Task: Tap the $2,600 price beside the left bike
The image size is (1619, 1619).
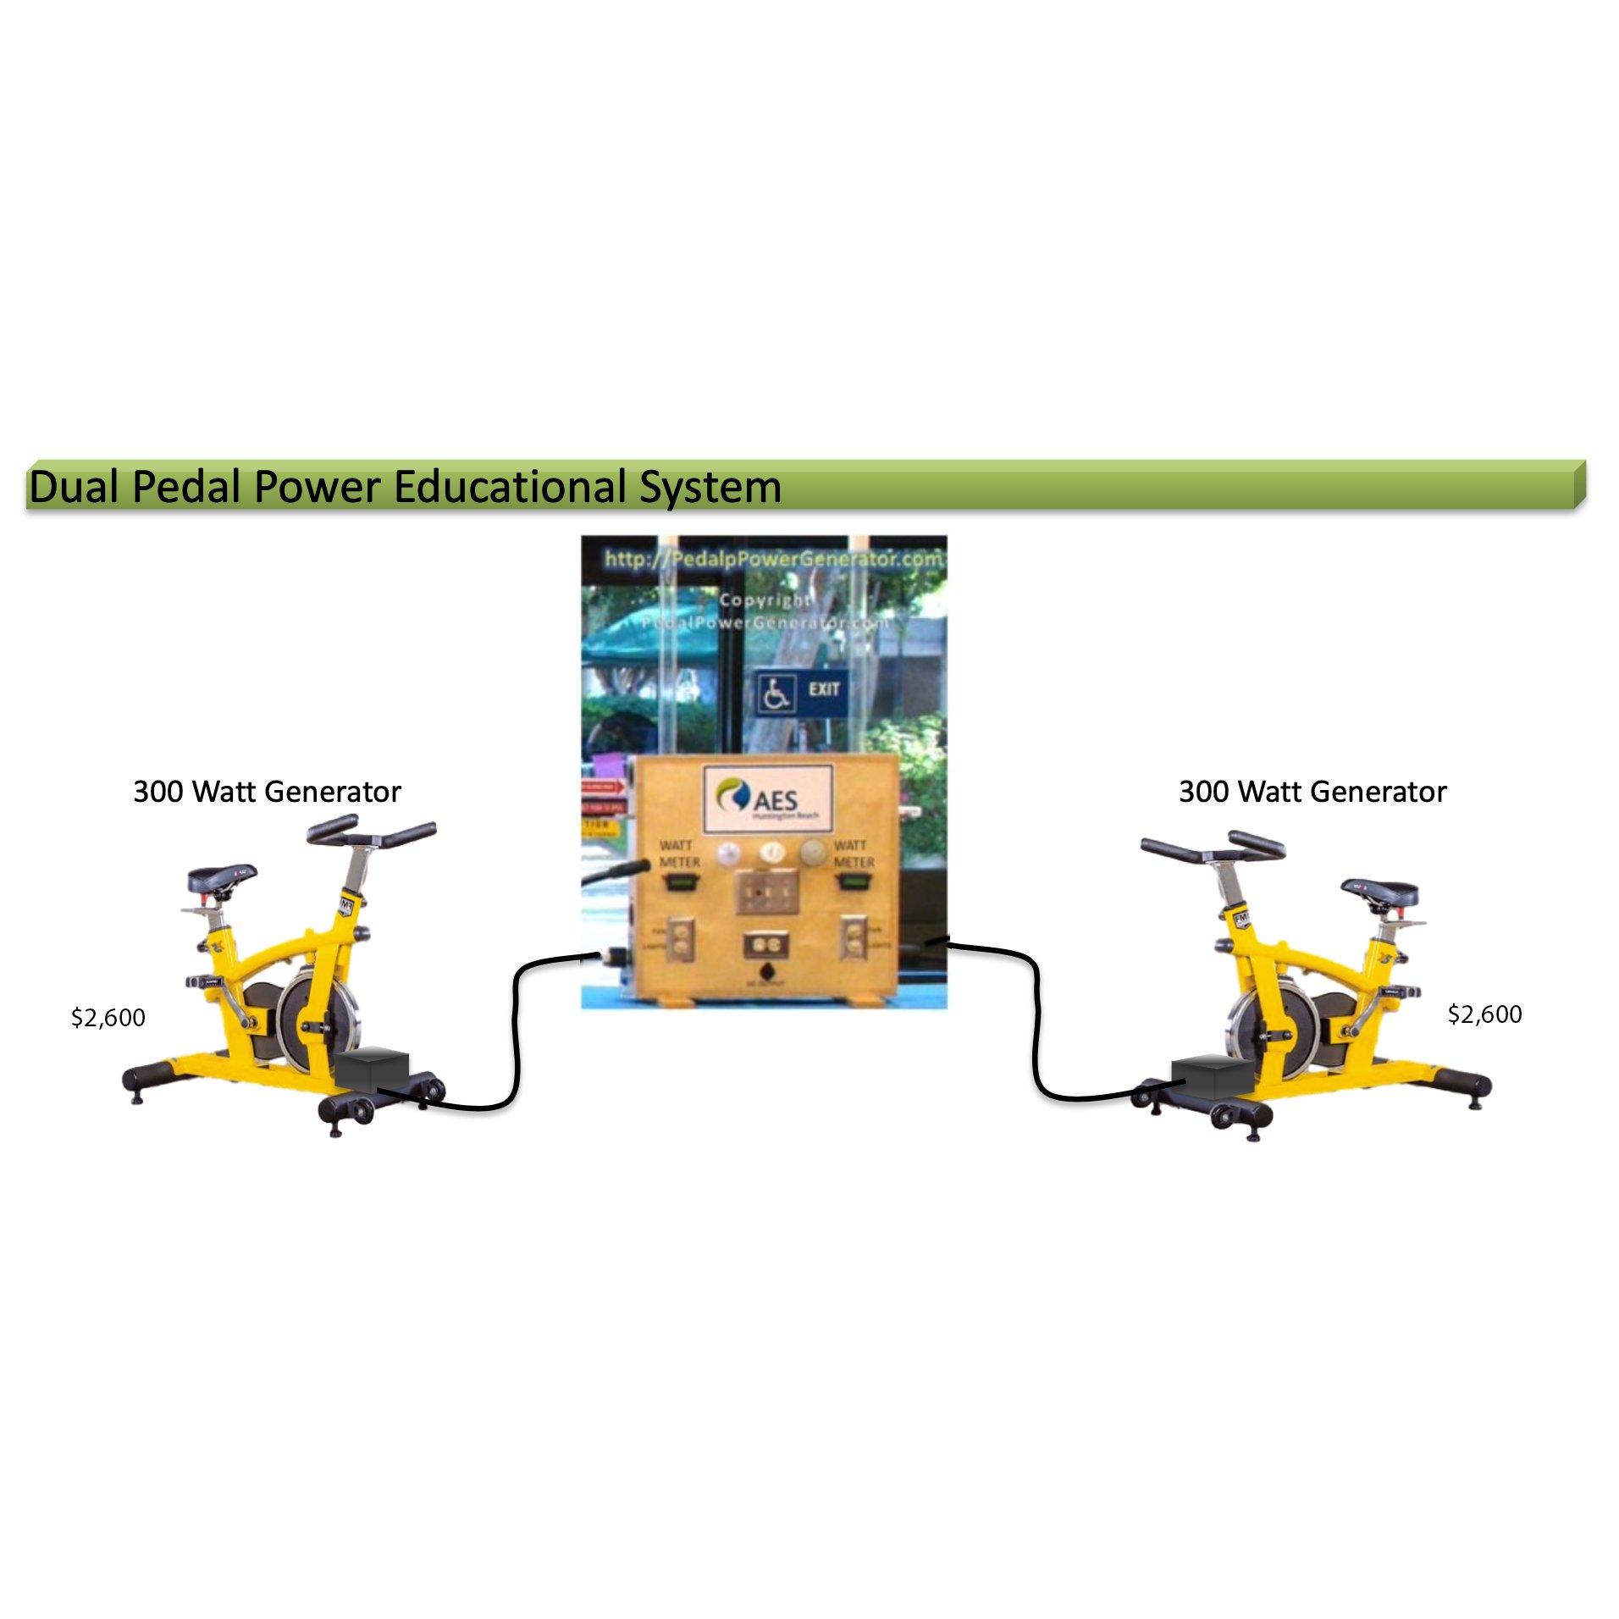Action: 108,1017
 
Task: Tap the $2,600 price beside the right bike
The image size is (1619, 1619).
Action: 1484,1014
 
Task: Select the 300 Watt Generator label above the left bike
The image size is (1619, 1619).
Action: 267,792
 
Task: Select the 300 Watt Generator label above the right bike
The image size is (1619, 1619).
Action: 1312,792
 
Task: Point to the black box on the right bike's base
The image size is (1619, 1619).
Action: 1212,1076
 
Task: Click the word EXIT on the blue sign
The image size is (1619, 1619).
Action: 823,689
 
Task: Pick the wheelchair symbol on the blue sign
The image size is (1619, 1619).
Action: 776,693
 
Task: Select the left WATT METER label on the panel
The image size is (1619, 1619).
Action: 679,854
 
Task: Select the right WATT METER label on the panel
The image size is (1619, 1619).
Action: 853,854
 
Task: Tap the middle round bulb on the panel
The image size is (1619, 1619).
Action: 771,853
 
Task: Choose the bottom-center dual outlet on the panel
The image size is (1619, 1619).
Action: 765,944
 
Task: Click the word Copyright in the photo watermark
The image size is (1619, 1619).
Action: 765,600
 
